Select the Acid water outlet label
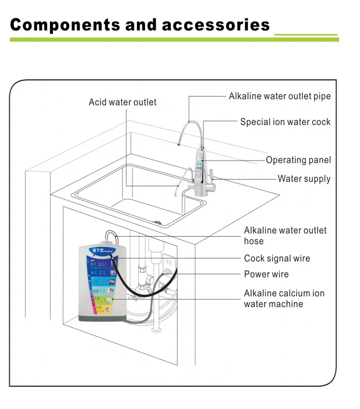coord(122,102)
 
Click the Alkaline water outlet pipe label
coord(280,96)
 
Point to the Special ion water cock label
coord(285,122)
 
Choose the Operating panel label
coord(298,160)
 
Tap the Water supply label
coord(304,179)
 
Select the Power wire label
coord(266,274)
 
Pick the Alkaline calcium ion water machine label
coord(284,299)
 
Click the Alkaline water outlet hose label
coord(285,236)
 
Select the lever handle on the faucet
coord(216,179)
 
